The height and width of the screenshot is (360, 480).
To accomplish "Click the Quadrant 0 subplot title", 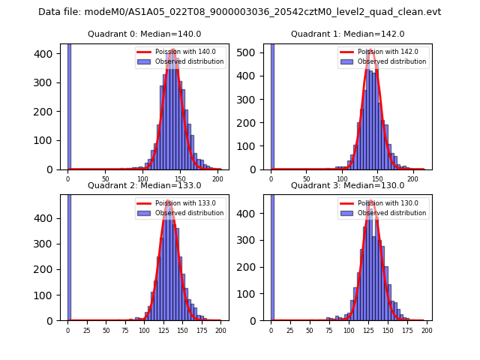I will (144, 34).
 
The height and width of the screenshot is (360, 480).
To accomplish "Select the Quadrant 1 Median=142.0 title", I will (347, 34).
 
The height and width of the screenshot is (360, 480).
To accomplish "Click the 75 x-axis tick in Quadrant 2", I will (124, 331).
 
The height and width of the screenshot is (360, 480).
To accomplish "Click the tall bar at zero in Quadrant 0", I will (69, 105).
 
